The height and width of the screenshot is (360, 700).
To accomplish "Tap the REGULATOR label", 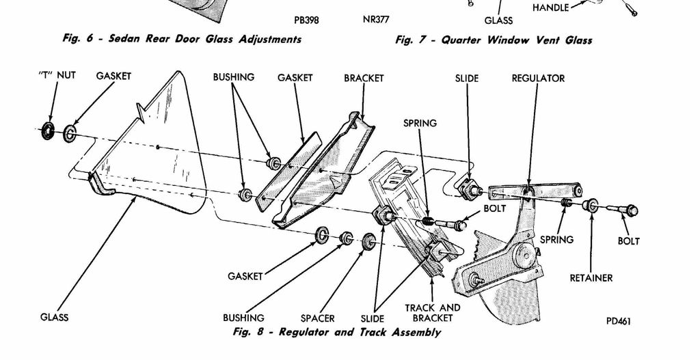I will (x=538, y=79).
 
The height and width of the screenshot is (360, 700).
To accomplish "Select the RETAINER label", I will (x=591, y=278).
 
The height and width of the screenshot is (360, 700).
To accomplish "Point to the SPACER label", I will (x=318, y=318).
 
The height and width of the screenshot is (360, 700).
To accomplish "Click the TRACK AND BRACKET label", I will (x=433, y=313).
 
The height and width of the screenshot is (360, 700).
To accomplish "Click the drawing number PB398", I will (x=306, y=20).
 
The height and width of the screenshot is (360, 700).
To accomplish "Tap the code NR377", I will (x=376, y=20).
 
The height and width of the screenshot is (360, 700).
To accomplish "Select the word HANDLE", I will (x=550, y=8).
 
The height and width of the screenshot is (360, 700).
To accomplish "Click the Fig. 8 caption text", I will (x=336, y=333).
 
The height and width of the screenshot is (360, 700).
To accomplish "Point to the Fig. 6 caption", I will (x=181, y=39).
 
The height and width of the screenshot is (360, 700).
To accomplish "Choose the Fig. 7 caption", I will (x=494, y=40).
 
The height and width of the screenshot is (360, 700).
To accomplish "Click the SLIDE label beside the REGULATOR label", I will (x=467, y=79).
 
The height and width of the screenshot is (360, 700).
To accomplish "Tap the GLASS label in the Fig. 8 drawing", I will (x=55, y=318).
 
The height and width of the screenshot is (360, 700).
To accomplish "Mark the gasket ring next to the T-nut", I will (x=70, y=133).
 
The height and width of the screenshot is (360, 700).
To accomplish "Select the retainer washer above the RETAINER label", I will (x=590, y=204).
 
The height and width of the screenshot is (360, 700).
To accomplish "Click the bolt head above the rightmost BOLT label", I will (x=631, y=210).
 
